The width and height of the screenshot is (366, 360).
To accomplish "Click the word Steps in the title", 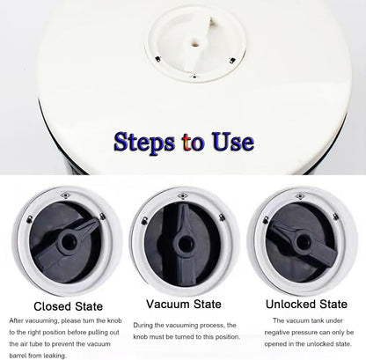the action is [144, 143].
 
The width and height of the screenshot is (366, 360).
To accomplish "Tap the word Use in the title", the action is [233, 142].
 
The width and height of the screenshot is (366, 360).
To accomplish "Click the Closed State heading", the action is [69, 306].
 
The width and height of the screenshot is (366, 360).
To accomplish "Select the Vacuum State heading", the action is [184, 304].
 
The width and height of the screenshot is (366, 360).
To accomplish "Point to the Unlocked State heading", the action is [306, 305].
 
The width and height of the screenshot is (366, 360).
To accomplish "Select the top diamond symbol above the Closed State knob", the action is [65, 195].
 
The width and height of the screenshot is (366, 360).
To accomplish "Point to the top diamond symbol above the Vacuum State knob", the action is [183, 196].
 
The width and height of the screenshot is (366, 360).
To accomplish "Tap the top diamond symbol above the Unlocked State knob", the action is [300, 196].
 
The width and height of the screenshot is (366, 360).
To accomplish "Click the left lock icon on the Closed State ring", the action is [30, 219].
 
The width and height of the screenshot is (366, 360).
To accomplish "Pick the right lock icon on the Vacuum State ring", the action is [222, 217].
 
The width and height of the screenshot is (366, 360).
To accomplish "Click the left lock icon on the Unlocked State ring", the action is [266, 220].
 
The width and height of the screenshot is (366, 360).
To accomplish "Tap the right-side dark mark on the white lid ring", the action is [232, 61].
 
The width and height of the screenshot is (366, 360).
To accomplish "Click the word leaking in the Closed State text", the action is [54, 356].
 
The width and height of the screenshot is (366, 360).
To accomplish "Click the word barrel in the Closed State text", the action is [18, 356].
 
